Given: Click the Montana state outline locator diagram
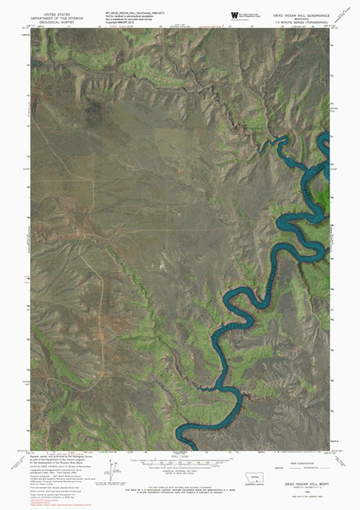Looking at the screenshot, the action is [263, 478].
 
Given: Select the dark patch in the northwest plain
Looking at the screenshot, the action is [95, 112].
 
